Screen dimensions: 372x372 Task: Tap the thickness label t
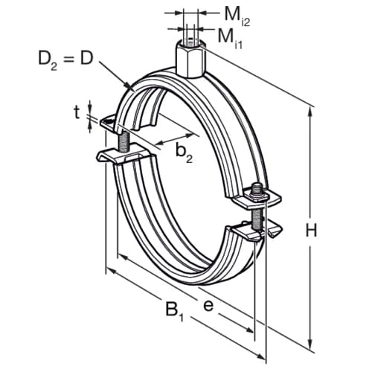click(x=77, y=112)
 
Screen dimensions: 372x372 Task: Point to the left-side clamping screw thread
click(x=121, y=139)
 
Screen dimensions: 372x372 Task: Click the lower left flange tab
click(x=112, y=157)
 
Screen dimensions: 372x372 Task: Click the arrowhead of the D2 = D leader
click(x=134, y=89)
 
